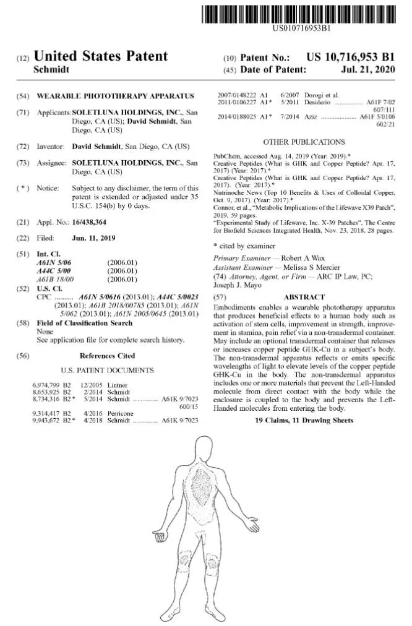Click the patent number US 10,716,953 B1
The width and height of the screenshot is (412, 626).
click(350, 57)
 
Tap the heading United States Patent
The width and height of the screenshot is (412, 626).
click(100, 56)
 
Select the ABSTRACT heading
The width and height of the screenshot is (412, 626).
click(304, 298)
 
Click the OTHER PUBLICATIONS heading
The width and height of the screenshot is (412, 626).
click(304, 142)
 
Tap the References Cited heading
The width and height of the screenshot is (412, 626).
click(107, 356)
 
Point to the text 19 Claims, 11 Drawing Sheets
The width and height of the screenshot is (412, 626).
click(304, 421)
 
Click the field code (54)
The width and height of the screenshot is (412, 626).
click(22, 96)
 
